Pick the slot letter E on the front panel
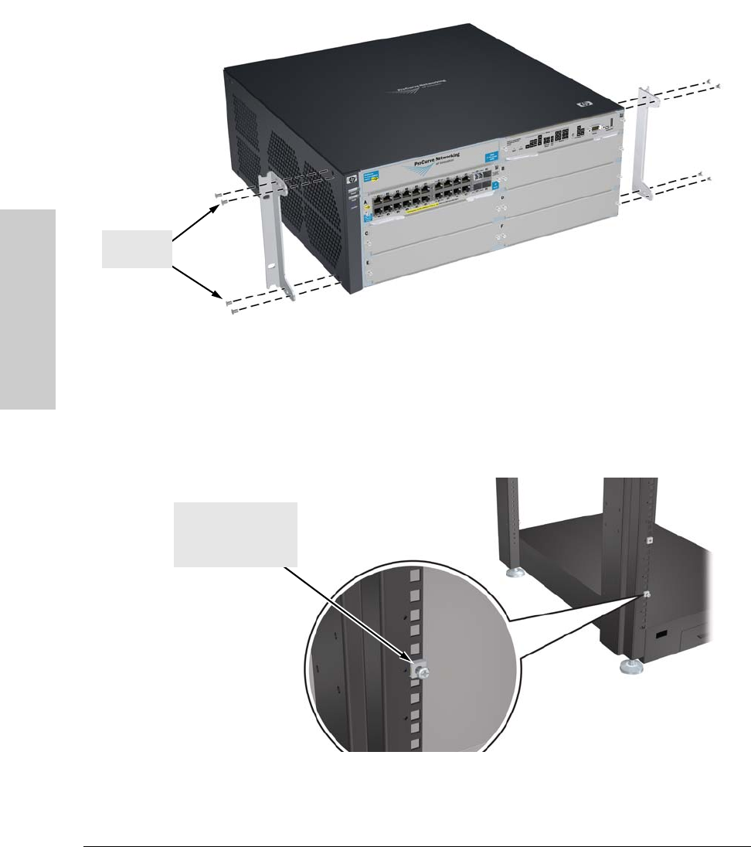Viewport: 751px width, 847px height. click(366, 261)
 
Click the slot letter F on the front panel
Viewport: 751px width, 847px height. click(502, 228)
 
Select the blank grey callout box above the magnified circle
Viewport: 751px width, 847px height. click(235, 533)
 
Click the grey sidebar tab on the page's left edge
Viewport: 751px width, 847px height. click(28, 308)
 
